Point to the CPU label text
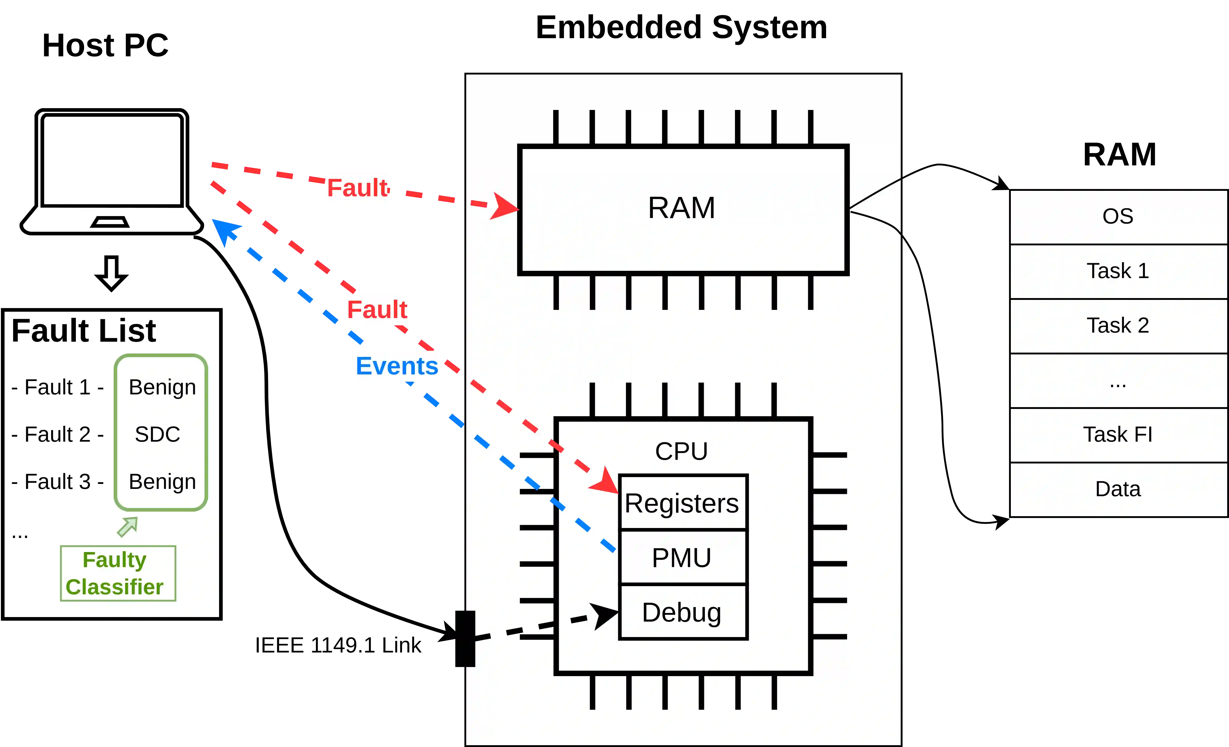pyautogui.click(x=681, y=451)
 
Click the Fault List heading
pyautogui.click(x=84, y=331)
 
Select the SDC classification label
pyautogui.click(x=158, y=434)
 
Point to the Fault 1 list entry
pyautogui.click(x=57, y=387)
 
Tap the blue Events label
pyautogui.click(x=397, y=366)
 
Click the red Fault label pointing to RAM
pyautogui.click(x=357, y=188)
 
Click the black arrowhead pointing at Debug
pyautogui.click(x=605, y=615)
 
